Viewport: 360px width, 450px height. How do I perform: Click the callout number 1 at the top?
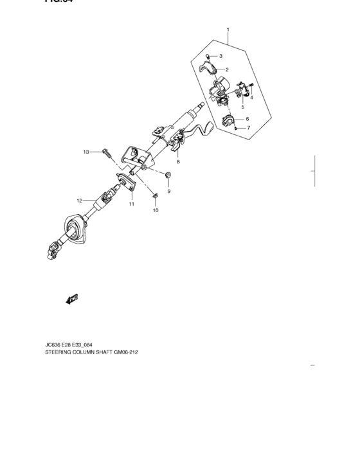228,30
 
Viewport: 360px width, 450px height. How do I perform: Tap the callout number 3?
220,56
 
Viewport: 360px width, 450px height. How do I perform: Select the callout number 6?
247,119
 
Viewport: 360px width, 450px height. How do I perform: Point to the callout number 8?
178,161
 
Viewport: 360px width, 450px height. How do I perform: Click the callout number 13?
85,152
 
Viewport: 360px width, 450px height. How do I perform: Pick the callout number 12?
79,200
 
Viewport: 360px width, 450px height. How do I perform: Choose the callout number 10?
155,210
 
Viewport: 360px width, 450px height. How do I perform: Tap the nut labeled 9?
168,175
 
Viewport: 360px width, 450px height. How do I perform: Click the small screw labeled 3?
208,57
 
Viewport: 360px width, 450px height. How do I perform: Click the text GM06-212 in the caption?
123,352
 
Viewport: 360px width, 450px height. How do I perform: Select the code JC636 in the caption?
55,345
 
